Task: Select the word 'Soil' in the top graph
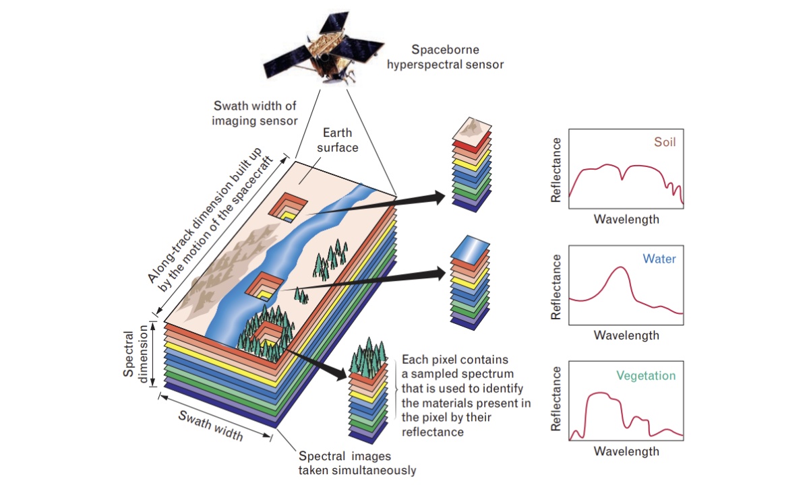click(664, 142)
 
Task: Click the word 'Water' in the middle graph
click(659, 259)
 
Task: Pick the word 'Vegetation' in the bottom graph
click(645, 376)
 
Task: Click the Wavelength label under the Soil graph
click(626, 219)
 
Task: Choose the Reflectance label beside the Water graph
click(556, 286)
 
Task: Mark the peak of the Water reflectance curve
click(621, 268)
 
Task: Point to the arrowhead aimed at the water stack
click(441, 272)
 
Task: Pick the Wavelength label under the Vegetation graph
click(626, 451)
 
